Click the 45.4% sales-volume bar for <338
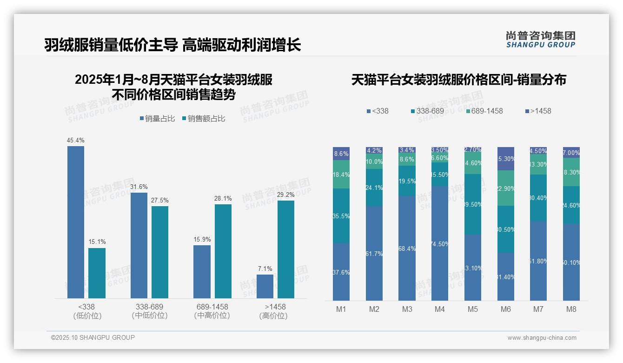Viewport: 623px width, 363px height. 76,222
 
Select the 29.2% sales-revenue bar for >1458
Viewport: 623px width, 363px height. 286,249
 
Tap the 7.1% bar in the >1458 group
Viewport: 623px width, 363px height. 265,286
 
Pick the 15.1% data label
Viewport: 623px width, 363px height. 97,242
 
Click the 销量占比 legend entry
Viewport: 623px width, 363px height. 157,119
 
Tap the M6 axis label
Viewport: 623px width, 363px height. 506,309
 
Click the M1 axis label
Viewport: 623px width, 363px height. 341,309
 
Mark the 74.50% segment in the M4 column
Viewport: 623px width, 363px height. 440,243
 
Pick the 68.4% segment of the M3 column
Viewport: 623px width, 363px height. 407,248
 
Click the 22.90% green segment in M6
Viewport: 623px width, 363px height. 506,188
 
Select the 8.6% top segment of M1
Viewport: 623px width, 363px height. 341,154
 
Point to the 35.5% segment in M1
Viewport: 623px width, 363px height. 341,215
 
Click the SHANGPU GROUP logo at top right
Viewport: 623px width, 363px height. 540,39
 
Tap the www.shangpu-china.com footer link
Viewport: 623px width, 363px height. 542,338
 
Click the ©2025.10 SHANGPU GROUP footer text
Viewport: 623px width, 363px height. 93,337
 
